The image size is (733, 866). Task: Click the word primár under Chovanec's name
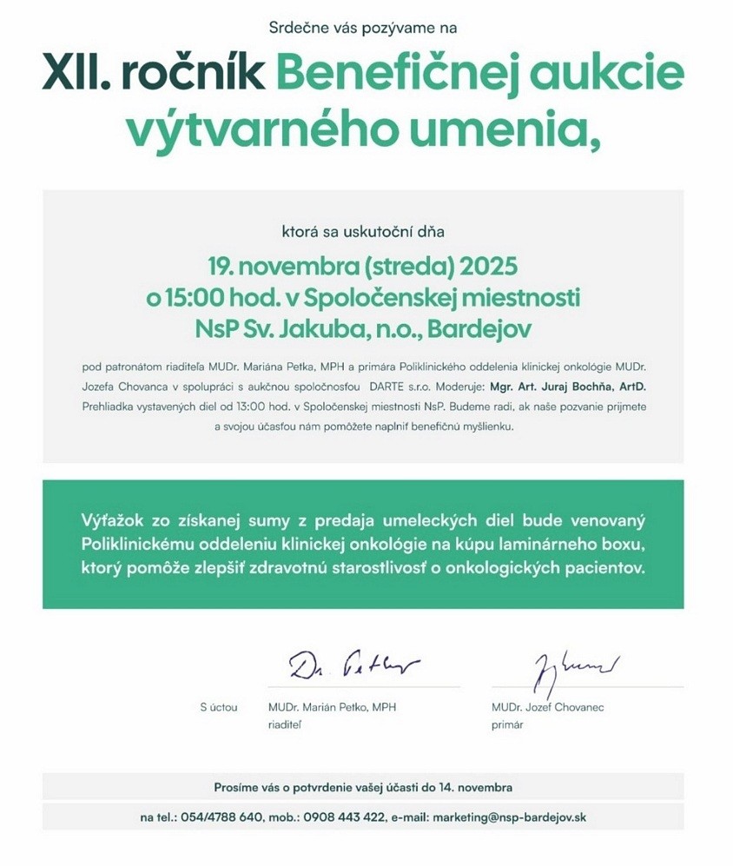[507, 724]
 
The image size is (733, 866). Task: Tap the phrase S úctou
[218, 707]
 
